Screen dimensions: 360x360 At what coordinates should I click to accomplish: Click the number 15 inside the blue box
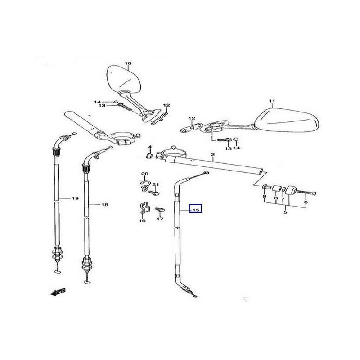196,210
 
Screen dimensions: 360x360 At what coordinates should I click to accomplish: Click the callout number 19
75,198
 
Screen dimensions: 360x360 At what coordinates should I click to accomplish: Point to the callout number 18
104,205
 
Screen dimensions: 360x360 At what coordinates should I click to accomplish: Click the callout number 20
144,174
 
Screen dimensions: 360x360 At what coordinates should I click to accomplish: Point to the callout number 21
156,185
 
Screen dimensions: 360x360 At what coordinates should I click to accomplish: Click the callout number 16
142,221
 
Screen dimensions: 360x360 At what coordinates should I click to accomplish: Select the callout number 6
306,202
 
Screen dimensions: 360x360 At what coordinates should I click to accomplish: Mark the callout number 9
265,197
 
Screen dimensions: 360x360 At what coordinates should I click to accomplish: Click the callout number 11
271,100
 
